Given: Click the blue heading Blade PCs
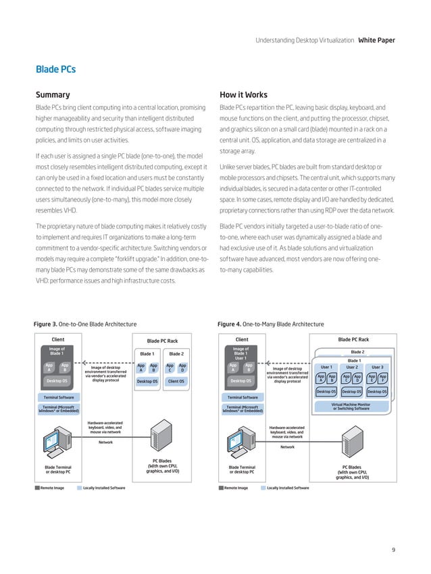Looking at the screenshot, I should pos(55,69).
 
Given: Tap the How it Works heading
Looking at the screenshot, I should pos(244,95).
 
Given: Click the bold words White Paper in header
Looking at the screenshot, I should pos(376,40).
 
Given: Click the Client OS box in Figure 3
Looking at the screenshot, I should pos(177,381).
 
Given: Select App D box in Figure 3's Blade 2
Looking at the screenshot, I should pos(182,368).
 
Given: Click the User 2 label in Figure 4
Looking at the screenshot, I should pos(352,367).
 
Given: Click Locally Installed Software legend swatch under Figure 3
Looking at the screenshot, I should pos(79,487).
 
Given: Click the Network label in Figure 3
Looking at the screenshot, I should pos(105,442).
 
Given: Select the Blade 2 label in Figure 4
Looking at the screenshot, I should pos(357,351).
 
